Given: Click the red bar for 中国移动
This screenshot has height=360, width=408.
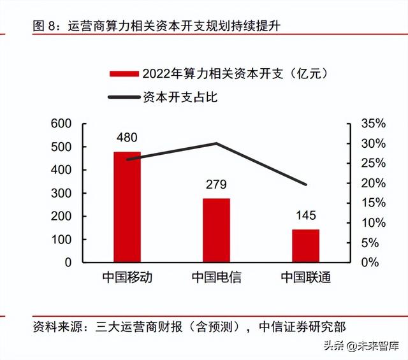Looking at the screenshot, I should (x=127, y=206).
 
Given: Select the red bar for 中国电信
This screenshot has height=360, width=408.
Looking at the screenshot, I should (x=216, y=230).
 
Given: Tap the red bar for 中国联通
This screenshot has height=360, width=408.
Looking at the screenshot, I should (x=305, y=245).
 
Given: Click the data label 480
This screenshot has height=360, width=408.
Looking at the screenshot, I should (x=127, y=137).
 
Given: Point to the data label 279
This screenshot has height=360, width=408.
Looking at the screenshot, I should (x=216, y=185).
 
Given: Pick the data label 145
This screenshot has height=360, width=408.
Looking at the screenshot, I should (x=305, y=215).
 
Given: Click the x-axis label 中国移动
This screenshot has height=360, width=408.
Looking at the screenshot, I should (x=127, y=278).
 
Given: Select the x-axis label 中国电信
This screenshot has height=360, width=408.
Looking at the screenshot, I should (x=216, y=278).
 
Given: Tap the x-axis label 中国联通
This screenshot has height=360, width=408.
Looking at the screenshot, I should (x=305, y=278).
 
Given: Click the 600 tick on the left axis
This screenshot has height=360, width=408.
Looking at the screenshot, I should (x=66, y=124).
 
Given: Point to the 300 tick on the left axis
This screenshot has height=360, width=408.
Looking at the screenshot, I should (x=66, y=193).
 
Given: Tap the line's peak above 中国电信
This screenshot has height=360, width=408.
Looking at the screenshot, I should (x=216, y=143).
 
